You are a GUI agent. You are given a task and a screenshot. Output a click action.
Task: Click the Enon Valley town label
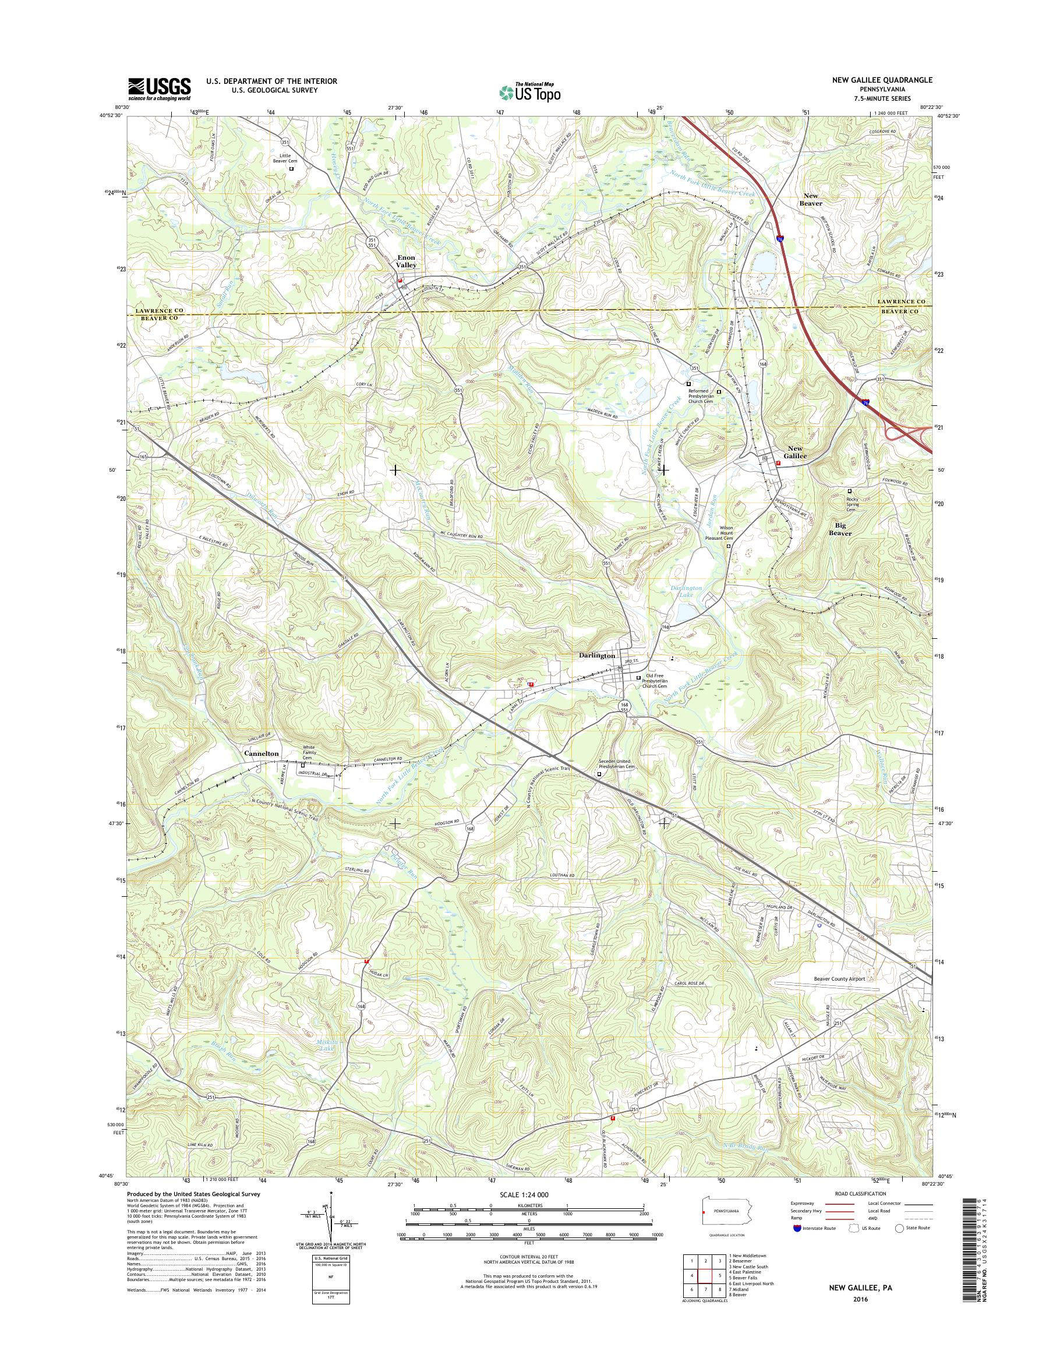(407, 261)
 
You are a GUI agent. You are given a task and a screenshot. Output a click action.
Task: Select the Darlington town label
(597, 655)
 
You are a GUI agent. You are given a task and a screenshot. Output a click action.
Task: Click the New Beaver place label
(811, 199)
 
